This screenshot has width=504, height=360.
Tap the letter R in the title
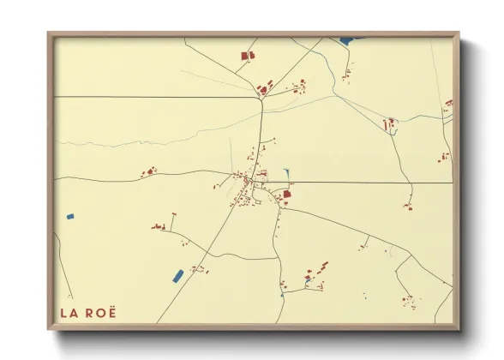93,312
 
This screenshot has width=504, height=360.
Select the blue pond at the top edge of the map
346,40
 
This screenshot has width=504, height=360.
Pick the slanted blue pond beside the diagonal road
178,275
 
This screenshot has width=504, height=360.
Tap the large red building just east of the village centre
287,195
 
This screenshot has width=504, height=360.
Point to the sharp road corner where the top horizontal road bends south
260,100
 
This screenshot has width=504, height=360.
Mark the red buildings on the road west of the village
148,172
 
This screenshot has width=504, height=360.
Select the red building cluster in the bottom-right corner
410,303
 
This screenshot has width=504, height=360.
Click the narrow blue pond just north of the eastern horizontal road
285,172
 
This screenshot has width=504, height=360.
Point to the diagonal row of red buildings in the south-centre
315,272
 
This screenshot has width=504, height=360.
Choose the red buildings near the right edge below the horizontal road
443,157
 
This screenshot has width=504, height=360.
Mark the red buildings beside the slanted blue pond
199,269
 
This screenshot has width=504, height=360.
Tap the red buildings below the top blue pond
345,76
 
